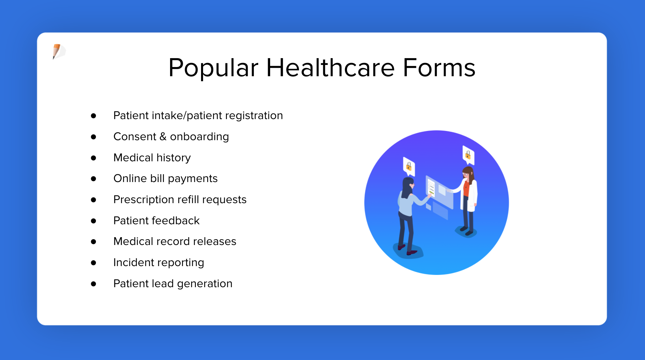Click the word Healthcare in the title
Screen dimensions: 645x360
coord(330,67)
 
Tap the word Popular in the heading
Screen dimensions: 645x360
coord(213,68)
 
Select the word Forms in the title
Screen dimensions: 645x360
coord(439,67)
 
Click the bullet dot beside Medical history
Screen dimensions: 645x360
coord(94,158)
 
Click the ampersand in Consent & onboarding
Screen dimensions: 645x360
coord(163,136)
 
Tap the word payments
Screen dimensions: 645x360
coord(193,179)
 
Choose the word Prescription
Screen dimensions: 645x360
coord(144,199)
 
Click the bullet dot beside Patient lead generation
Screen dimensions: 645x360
coord(94,284)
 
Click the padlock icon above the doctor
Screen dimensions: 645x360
coord(468,155)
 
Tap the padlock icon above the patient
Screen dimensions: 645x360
coord(409,166)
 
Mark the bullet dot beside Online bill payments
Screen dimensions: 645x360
coord(94,179)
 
